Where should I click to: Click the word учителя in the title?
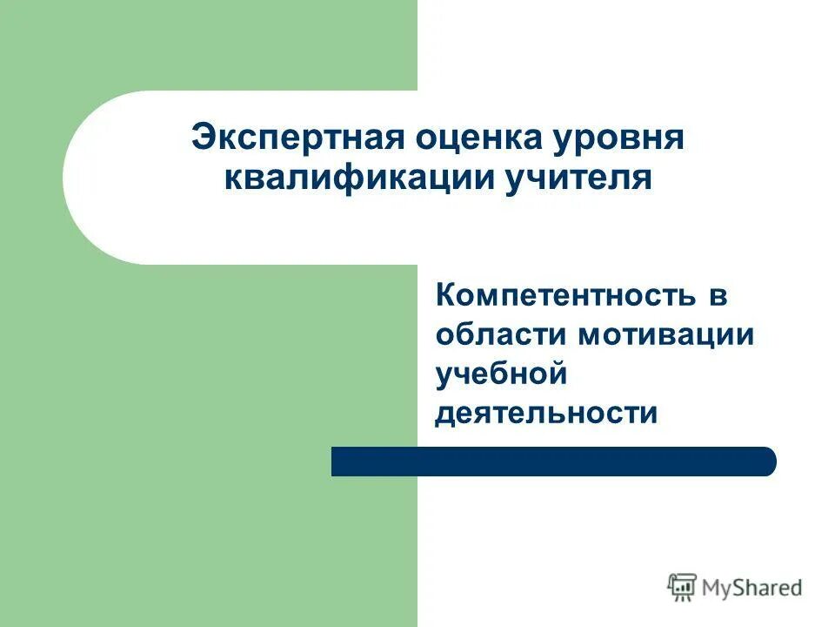tap(576, 179)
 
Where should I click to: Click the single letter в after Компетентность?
tap(717, 296)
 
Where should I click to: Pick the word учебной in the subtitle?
tap(501, 374)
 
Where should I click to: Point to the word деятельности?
tap(546, 412)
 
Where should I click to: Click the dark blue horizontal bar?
tap(553, 462)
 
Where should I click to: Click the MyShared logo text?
tap(752, 588)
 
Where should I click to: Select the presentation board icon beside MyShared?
tap(683, 588)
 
